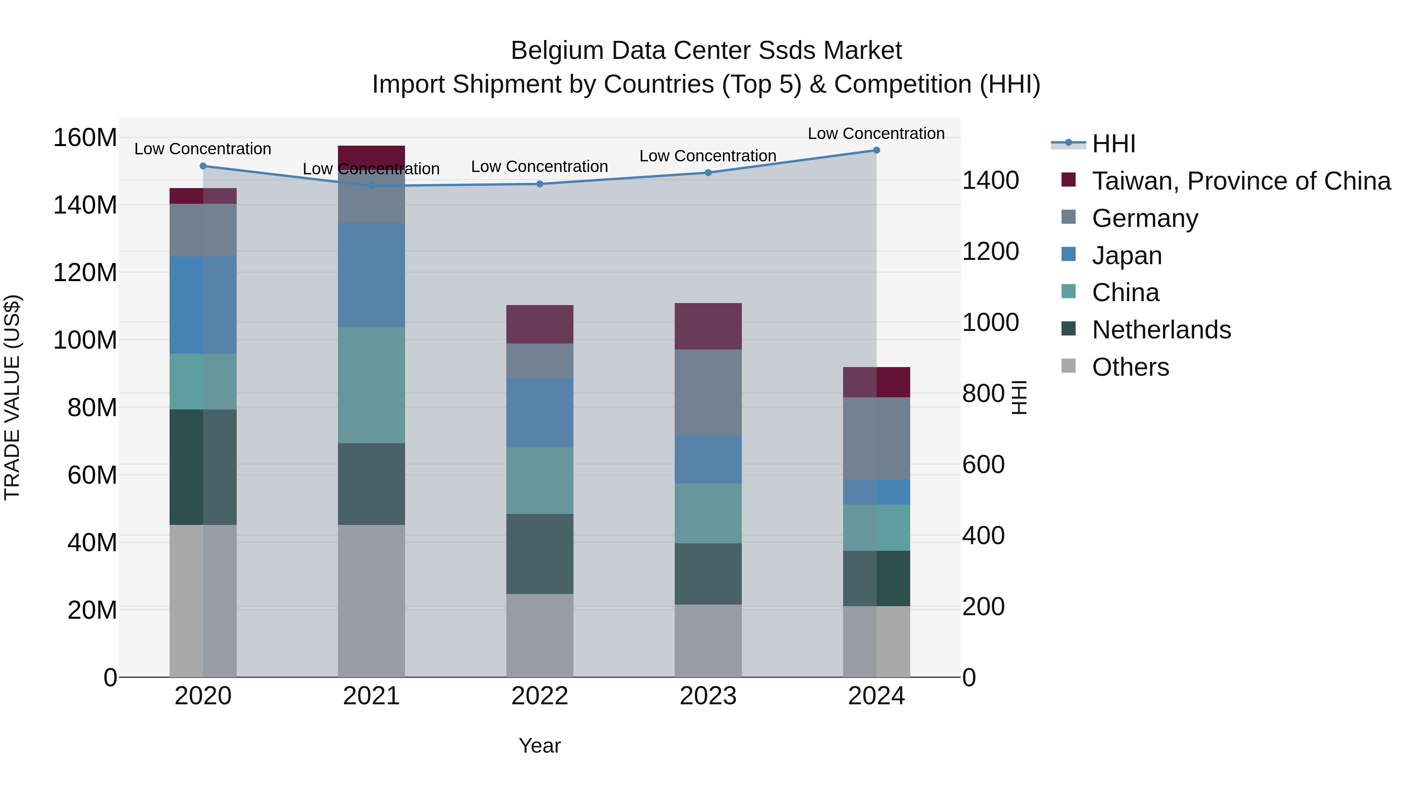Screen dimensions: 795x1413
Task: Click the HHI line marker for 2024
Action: coord(876,150)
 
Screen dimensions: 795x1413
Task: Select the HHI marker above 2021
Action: coord(371,186)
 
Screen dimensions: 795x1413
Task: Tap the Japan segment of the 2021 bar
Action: coord(371,276)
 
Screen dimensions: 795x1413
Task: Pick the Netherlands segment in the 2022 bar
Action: coord(539,554)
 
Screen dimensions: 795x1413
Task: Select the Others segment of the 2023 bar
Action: coord(708,640)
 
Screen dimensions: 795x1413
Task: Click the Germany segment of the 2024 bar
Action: coord(876,439)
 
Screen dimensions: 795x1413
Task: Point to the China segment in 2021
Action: coord(371,385)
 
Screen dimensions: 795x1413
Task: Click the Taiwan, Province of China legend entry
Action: coord(1241,181)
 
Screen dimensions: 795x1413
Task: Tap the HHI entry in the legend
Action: coord(1113,144)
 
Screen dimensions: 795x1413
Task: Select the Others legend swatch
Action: coord(1068,366)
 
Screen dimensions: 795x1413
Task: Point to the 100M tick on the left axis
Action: coord(85,340)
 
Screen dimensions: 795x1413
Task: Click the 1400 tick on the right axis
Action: coord(991,181)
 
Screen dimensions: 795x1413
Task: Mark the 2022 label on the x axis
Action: coord(539,696)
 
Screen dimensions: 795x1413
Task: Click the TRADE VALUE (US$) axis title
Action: coord(12,397)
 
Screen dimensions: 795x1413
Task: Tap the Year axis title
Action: coord(539,746)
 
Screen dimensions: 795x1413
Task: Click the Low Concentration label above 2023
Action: coord(708,156)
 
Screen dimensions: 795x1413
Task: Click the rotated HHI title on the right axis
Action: coord(1019,397)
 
